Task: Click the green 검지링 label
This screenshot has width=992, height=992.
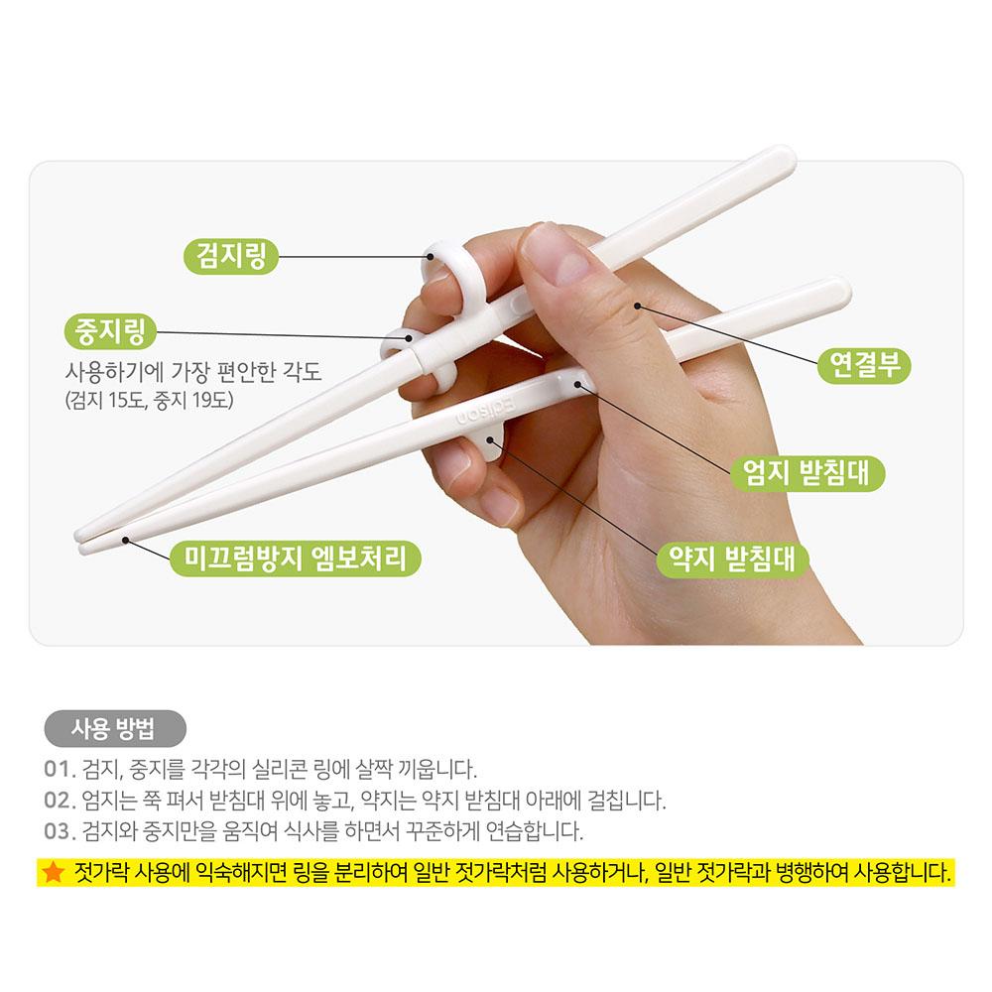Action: pyautogui.click(x=230, y=257)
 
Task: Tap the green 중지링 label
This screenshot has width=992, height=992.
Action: pyautogui.click(x=109, y=331)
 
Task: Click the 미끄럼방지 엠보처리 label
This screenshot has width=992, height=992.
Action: pyautogui.click(x=295, y=558)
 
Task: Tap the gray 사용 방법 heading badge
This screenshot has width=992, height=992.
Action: pyautogui.click(x=114, y=729)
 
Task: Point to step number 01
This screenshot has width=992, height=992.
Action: pyautogui.click(x=60, y=770)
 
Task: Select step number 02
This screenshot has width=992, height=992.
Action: pyautogui.click(x=60, y=801)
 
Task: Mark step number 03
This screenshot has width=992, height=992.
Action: pyautogui.click(x=60, y=831)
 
